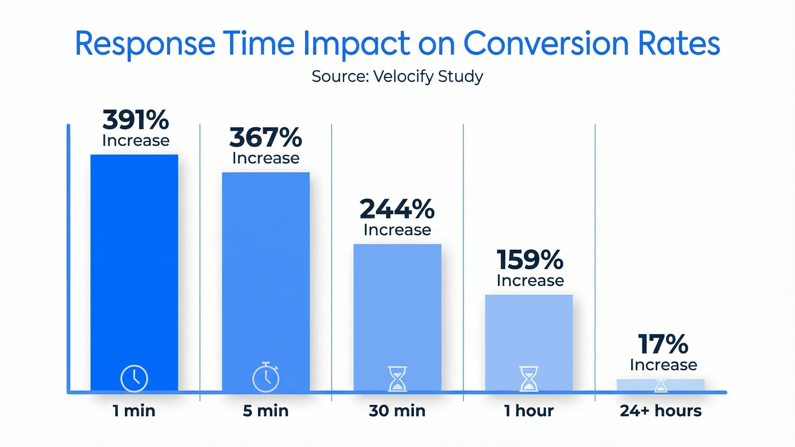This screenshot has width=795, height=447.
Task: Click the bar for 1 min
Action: tap(134, 258)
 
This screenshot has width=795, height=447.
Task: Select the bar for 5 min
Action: tap(266, 268)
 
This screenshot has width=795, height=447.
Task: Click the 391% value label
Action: tap(136, 120)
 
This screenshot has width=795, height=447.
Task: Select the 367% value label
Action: tap(266, 138)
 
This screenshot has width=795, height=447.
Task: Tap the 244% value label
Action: tap(397, 209)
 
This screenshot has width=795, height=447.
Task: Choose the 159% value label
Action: tap(530, 260)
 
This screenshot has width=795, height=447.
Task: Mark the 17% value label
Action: tap(663, 344)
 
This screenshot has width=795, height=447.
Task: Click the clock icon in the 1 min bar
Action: tap(134, 378)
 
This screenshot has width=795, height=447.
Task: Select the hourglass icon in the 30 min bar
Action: tap(397, 379)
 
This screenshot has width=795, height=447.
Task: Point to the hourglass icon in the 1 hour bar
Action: tap(529, 379)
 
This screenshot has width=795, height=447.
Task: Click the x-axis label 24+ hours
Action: tap(660, 411)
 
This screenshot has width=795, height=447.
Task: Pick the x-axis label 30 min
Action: tap(397, 411)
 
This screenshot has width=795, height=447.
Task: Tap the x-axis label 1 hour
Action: tap(529, 411)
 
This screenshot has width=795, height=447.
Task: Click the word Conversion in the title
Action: tap(546, 43)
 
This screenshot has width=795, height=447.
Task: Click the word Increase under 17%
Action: tap(663, 365)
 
